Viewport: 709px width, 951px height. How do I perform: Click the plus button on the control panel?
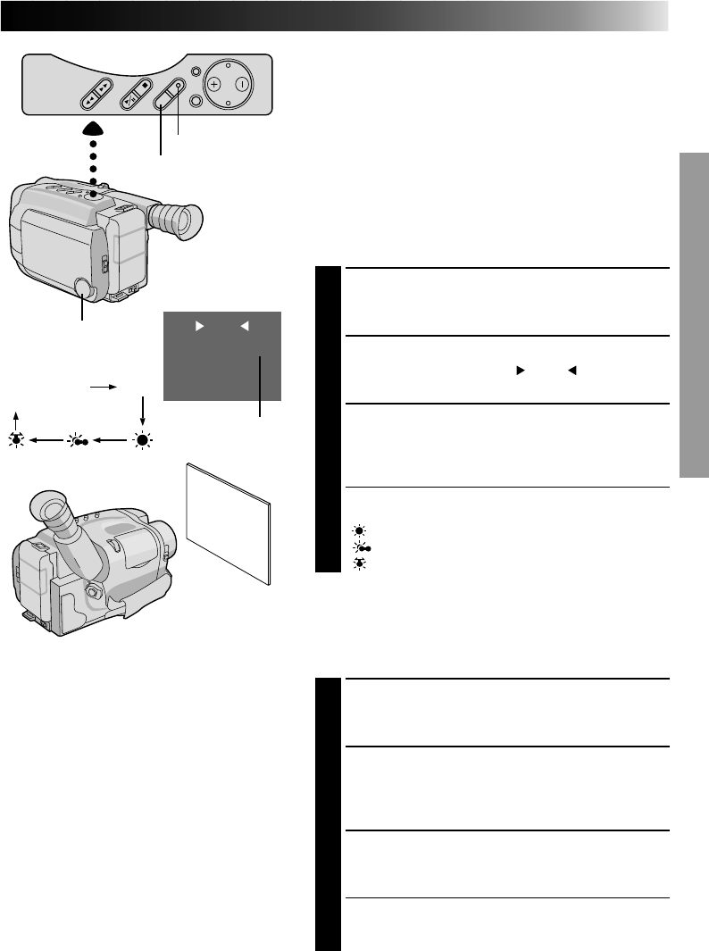213,85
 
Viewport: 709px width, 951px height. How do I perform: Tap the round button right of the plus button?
242,85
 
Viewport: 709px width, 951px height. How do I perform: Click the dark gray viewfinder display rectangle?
222,355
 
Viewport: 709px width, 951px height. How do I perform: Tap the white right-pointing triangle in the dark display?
198,326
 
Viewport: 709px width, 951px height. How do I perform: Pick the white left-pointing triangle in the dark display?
243,326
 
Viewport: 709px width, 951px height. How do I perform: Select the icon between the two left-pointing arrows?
78,440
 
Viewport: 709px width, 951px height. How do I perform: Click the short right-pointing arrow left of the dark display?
104,388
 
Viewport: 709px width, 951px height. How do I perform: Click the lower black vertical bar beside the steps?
329,813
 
